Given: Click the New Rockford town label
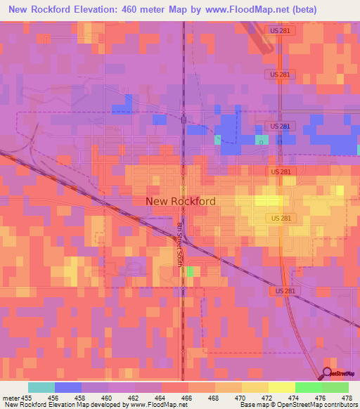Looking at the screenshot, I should (180, 201).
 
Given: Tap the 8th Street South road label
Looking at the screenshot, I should (179, 243).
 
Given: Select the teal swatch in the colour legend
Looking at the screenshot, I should (41, 387).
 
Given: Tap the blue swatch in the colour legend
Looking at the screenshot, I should (68, 387).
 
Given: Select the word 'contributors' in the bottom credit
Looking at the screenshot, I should (340, 405).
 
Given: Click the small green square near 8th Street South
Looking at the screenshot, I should (191, 271).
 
